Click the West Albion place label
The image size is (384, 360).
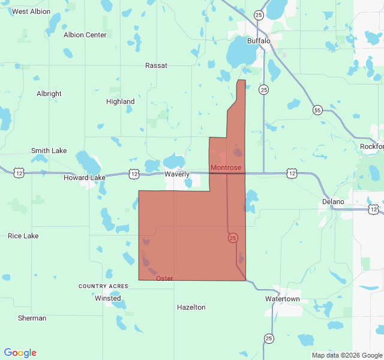point(31,11)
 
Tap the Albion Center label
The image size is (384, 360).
point(85,35)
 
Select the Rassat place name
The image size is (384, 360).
point(156,65)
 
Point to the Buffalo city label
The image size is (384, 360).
point(259,41)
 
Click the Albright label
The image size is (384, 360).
point(49,94)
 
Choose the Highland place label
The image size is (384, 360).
point(121,101)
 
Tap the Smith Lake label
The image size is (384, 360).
point(49,151)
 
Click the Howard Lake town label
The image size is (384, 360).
point(85,178)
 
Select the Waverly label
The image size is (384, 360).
point(177,174)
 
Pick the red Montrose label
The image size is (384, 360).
point(226,167)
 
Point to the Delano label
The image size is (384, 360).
point(333,202)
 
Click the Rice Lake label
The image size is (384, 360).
point(23,236)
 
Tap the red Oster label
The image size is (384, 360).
point(164,278)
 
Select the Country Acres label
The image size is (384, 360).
point(103,286)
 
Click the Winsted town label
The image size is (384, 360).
point(108,298)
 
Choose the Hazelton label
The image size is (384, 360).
point(191,307)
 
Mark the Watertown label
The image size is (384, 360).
point(283,299)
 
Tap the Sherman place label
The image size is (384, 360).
point(32,318)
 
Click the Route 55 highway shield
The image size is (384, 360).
point(317,110)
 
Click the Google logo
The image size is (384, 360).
point(20,353)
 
